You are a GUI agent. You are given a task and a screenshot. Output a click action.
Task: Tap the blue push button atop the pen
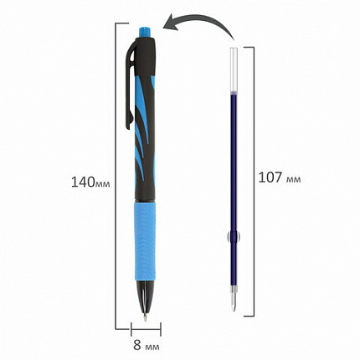(x=143, y=33)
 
